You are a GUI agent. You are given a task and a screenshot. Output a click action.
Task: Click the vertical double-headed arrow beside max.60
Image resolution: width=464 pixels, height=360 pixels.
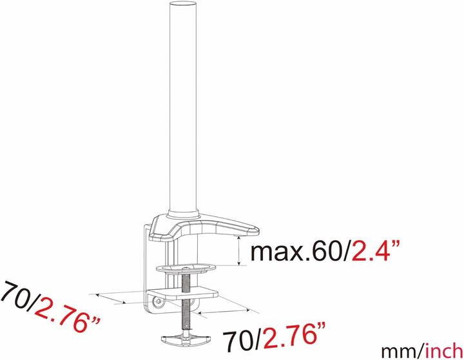pos(239,252)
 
